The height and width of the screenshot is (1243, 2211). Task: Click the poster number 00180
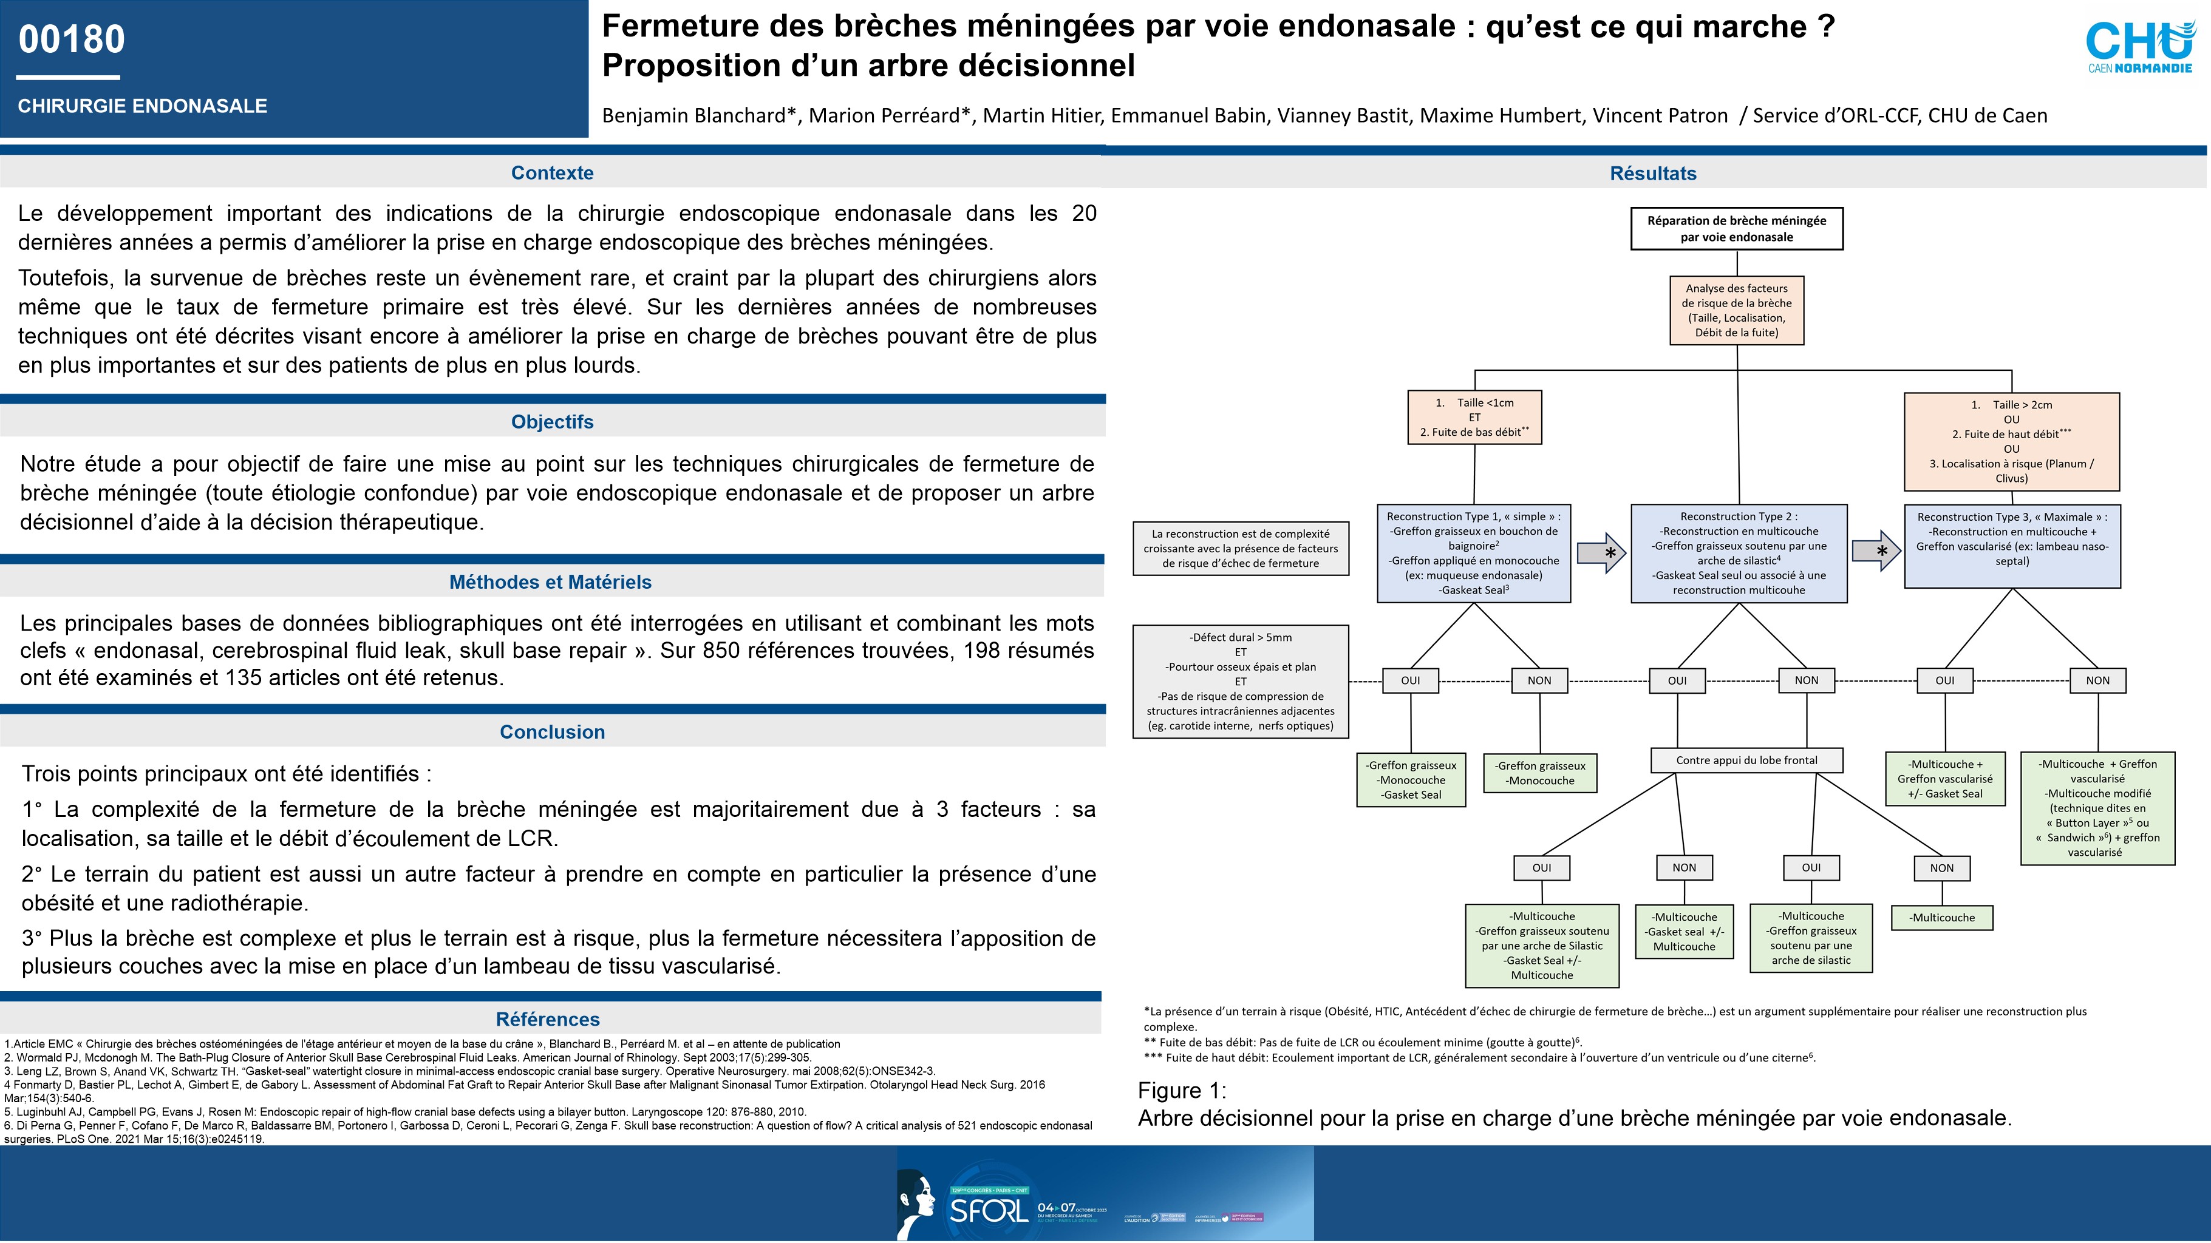72,39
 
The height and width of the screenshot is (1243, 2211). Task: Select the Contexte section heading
552,172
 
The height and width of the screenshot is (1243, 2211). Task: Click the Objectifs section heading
552,421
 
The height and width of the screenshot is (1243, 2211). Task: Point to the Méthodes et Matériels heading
550,581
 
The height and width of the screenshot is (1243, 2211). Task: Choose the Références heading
548,1019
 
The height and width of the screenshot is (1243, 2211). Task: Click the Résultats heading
1652,174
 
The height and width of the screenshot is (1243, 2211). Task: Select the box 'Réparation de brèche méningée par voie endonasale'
1736,228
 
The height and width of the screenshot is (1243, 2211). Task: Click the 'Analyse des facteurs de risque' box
1736,310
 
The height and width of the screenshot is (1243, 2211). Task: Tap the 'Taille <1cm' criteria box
1474,417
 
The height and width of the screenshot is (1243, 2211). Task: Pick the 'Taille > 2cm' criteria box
2011,441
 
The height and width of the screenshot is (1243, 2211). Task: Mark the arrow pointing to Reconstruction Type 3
1875,550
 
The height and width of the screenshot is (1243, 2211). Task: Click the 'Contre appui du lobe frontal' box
1746,760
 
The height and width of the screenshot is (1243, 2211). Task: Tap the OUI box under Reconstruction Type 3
1944,680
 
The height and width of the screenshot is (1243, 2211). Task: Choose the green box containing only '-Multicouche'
1941,917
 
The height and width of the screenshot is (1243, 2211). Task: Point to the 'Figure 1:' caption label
1181,1090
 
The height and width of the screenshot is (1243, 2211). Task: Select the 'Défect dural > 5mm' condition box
1240,681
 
